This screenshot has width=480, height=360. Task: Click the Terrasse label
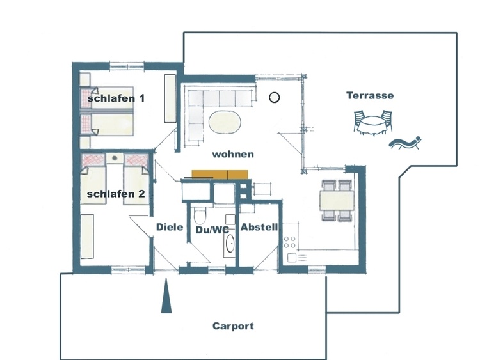point(370,95)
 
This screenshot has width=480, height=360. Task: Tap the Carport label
point(233,326)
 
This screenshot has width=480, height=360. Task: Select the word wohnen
point(233,154)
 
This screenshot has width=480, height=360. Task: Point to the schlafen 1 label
point(116,98)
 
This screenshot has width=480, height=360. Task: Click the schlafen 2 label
point(116,194)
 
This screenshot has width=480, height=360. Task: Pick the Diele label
point(170,227)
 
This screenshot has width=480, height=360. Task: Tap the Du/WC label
point(212,230)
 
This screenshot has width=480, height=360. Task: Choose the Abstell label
point(259,227)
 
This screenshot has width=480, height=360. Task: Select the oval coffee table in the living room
point(225,121)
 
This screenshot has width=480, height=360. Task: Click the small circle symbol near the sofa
point(275,98)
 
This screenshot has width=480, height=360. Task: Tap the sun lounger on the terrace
point(405,143)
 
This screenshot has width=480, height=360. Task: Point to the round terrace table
point(372,125)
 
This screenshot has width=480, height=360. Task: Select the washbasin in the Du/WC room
point(230,244)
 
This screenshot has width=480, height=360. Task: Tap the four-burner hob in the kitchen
point(289,242)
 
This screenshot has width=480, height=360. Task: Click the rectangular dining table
point(337,200)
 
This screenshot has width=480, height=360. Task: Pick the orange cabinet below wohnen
point(220,175)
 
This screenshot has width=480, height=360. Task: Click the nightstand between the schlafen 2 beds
point(115,159)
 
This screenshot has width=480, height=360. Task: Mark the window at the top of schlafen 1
point(127,65)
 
